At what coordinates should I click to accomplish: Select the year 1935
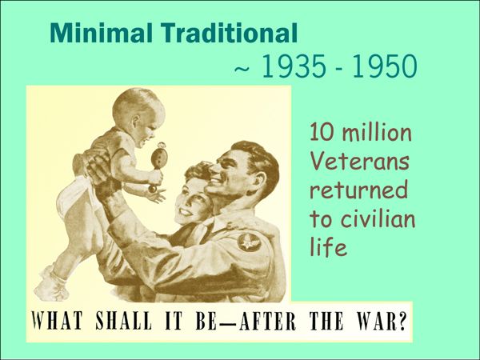(294, 66)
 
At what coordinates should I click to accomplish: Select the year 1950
(385, 66)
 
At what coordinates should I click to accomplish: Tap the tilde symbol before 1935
(242, 69)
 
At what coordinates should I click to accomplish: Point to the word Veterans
(360, 162)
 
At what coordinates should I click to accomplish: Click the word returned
(358, 190)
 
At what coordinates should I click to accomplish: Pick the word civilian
(378, 218)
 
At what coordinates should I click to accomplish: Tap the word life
(328, 246)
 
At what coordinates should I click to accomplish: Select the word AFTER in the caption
(268, 321)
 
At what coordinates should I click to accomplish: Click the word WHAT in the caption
(57, 321)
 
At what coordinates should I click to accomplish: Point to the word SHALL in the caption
(124, 321)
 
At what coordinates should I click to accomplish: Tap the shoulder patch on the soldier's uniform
(249, 242)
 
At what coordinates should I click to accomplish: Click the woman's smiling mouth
(186, 211)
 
